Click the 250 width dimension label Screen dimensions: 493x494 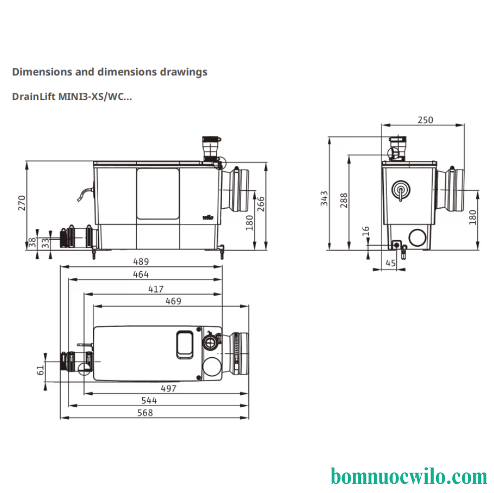tap(426, 120)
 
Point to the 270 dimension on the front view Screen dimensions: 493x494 tap(22, 203)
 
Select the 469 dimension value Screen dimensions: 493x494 tap(174, 301)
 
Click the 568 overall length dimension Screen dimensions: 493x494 tap(145, 413)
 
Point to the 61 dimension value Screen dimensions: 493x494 tap(40, 370)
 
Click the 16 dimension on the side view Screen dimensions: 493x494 tap(365, 231)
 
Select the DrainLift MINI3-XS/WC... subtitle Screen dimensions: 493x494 tap(72, 97)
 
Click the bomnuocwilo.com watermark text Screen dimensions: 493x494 tap(409, 477)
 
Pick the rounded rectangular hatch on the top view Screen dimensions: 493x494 tap(185, 344)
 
